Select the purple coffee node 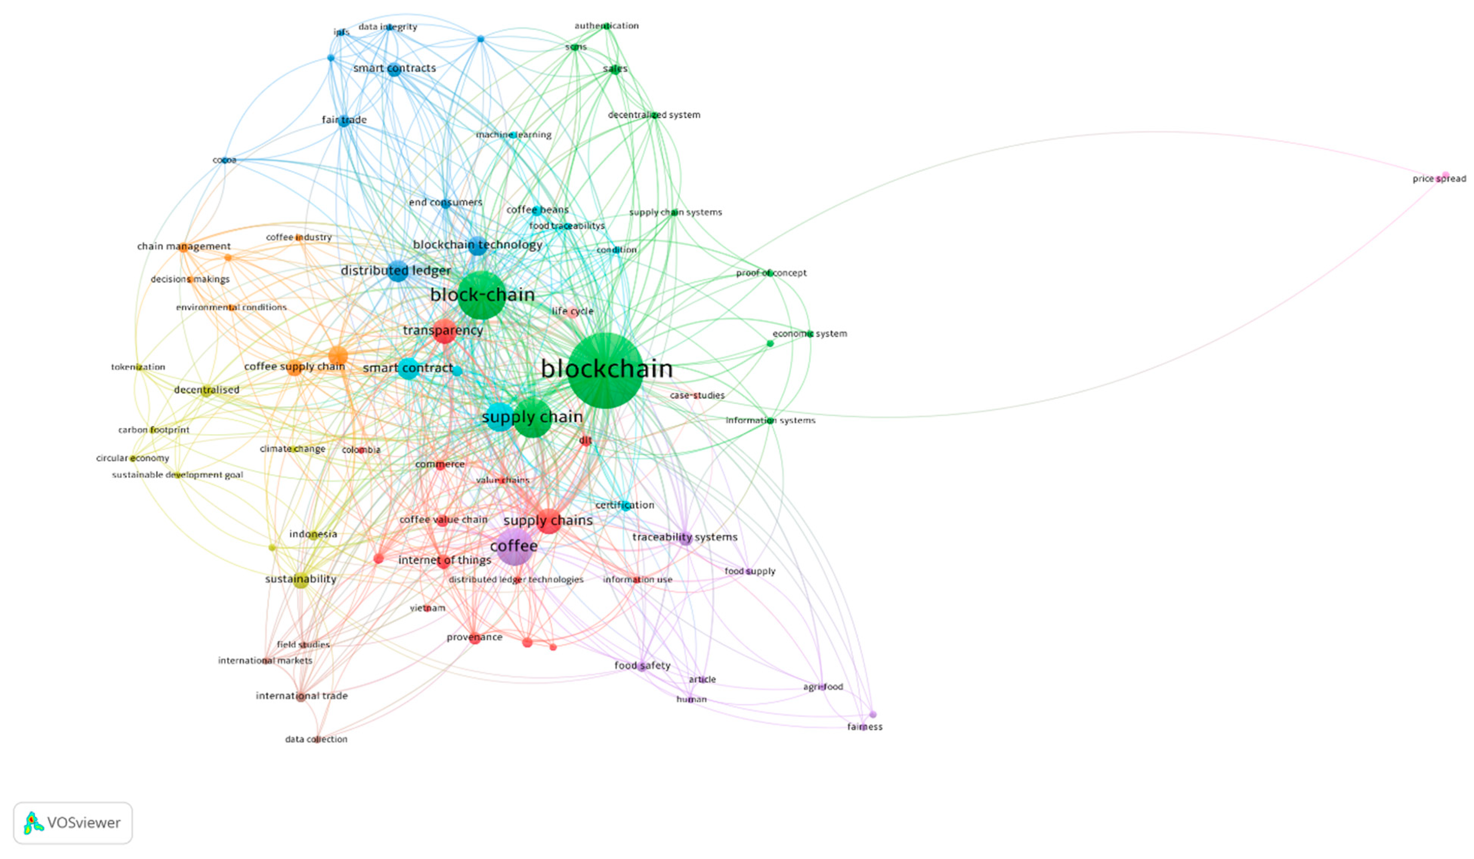click(514, 546)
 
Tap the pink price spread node click(1445, 175)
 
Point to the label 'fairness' click(865, 727)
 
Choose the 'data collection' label click(316, 739)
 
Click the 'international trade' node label click(301, 696)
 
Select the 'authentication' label click(606, 26)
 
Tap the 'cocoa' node click(225, 160)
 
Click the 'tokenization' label click(138, 367)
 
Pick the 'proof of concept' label click(771, 273)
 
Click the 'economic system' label click(810, 334)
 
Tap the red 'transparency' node click(444, 331)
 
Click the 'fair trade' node click(344, 120)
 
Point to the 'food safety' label click(642, 665)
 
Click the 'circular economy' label click(133, 458)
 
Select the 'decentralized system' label click(654, 115)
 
